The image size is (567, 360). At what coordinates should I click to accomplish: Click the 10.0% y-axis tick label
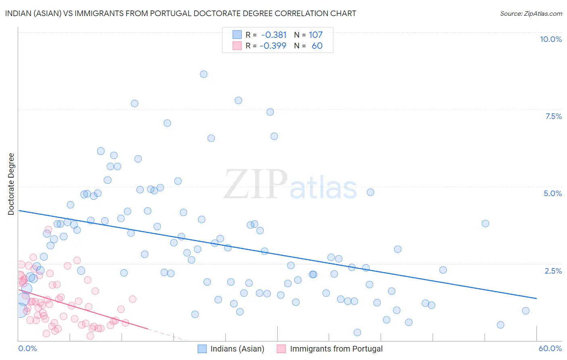click(x=551, y=39)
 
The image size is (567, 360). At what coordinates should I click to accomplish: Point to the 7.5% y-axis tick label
click(x=553, y=116)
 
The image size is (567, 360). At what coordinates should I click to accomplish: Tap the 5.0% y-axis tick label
click(x=552, y=193)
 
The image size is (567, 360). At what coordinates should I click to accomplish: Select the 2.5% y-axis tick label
click(x=553, y=271)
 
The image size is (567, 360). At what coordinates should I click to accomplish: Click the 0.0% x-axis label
click(x=27, y=348)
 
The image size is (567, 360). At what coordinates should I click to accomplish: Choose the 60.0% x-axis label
click(x=550, y=348)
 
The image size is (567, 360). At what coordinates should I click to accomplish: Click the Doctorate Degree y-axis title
click(x=11, y=184)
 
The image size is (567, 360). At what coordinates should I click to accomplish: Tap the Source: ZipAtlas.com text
click(x=531, y=13)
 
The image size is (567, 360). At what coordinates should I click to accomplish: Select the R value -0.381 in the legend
click(x=274, y=35)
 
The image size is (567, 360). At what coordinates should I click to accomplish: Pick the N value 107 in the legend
click(x=316, y=35)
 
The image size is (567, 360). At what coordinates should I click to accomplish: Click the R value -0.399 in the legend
click(x=273, y=46)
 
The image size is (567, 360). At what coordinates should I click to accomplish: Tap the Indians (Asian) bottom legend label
click(x=237, y=349)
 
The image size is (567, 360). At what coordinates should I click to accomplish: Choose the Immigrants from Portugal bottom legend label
click(x=336, y=349)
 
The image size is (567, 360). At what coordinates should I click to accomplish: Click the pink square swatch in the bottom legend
click(x=281, y=349)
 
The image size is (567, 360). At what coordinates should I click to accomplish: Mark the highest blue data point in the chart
click(x=204, y=74)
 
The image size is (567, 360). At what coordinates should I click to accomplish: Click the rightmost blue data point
click(x=525, y=311)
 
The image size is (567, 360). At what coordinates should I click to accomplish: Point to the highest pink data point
click(x=48, y=229)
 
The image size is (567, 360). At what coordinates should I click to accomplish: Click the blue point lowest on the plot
click(x=357, y=333)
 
